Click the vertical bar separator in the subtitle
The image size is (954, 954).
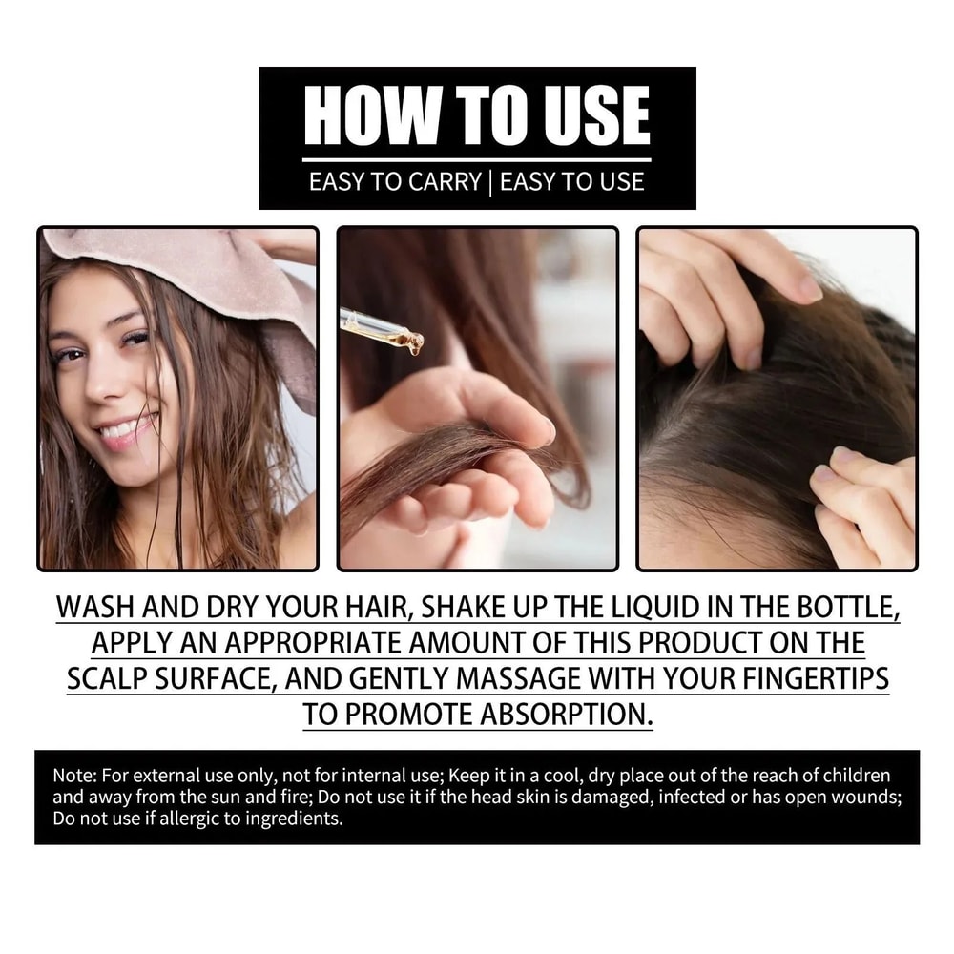[490, 181]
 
